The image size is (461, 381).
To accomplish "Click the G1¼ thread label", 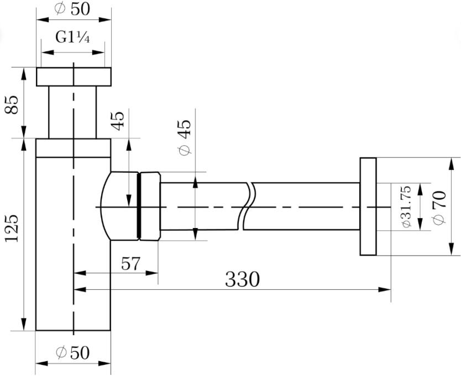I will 73,38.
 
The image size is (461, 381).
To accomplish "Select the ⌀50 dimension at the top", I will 73,9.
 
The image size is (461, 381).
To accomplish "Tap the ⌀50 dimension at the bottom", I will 73,352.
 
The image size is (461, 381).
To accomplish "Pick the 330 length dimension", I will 242,279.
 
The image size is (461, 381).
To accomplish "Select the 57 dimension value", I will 130,263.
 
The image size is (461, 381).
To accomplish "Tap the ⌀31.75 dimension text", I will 406,207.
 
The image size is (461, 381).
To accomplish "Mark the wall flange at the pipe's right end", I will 368,207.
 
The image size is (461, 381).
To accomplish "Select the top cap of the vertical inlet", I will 74,77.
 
